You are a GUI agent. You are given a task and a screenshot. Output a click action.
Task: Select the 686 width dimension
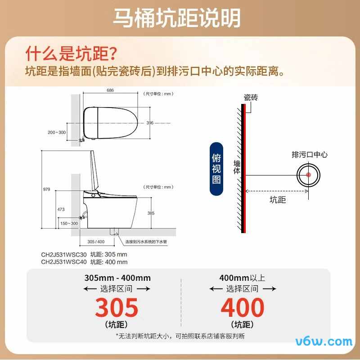(110, 90)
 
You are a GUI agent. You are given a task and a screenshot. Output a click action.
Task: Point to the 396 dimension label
(150, 122)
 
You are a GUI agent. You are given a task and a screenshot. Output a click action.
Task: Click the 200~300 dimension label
(56, 132)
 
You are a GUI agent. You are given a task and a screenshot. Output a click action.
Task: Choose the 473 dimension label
(62, 209)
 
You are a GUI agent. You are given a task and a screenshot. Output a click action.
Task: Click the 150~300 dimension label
(69, 223)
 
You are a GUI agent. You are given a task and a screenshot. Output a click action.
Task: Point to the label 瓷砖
(251, 98)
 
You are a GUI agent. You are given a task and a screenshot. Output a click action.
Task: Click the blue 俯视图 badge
(216, 168)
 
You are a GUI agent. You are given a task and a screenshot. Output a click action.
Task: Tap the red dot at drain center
(309, 175)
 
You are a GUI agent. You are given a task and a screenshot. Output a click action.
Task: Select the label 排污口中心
(310, 155)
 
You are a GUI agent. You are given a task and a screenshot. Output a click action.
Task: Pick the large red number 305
(117, 308)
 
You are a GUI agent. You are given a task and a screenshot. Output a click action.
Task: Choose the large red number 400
(242, 308)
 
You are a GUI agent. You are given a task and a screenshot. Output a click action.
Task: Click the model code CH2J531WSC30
(64, 254)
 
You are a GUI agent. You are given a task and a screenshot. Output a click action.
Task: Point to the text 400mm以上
(242, 278)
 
